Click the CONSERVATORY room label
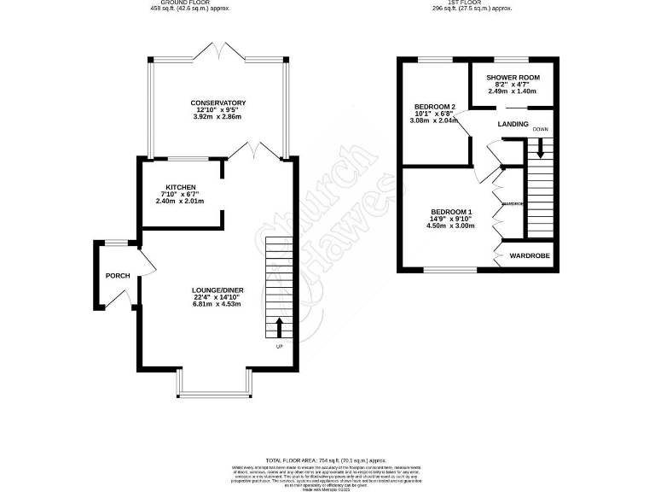click(218, 103)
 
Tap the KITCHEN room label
click(181, 187)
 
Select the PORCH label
click(117, 276)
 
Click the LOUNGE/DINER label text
click(217, 290)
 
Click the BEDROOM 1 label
click(451, 212)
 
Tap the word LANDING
click(513, 125)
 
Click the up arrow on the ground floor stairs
click(279, 327)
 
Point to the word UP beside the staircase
click(279, 347)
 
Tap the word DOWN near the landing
click(541, 130)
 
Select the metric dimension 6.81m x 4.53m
click(217, 305)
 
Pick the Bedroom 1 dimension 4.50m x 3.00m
click(451, 226)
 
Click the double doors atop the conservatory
click(217, 51)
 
